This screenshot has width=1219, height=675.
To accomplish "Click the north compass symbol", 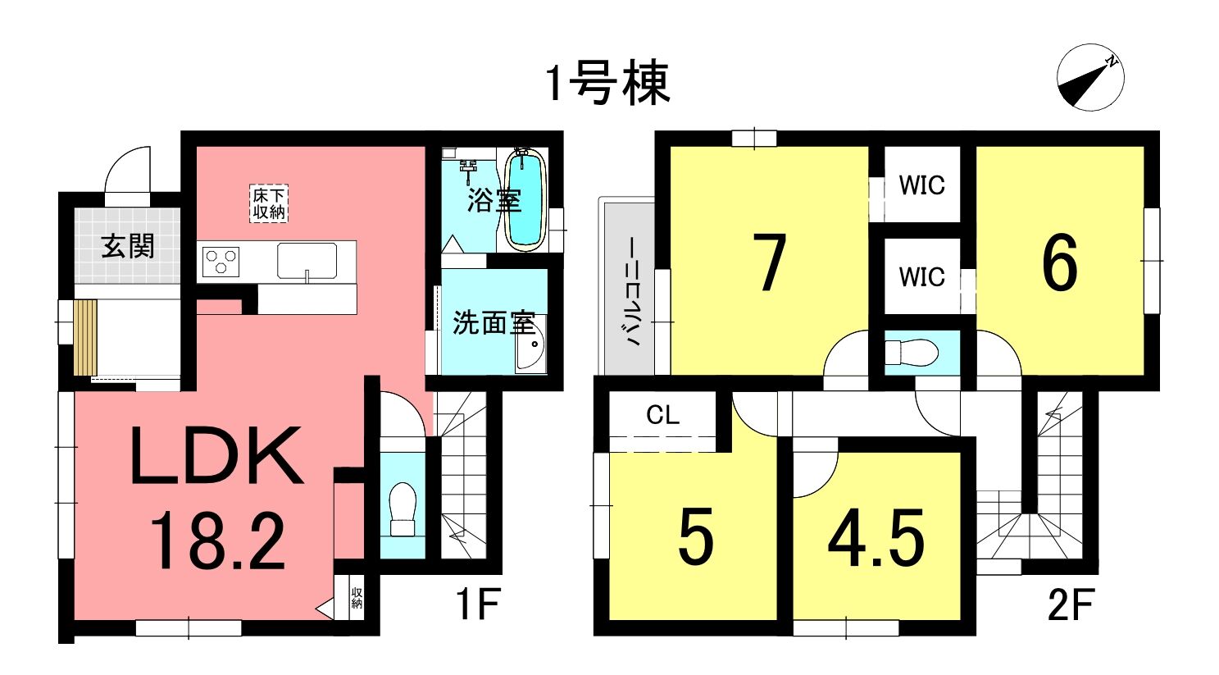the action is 1090,77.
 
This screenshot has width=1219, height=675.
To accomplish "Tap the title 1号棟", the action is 608,84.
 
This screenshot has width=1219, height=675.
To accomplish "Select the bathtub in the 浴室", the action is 525,200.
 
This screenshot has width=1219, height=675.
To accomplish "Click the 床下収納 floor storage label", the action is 269,203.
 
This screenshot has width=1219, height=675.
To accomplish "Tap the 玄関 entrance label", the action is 128,247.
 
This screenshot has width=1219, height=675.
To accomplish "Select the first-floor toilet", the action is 403,510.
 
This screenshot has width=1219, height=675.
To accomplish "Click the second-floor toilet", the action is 912,353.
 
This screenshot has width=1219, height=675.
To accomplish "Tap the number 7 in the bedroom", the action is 769,263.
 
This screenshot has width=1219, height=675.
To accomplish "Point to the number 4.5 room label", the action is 876,537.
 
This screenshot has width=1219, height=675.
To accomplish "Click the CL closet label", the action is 663,415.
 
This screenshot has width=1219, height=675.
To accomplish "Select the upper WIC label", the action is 922,185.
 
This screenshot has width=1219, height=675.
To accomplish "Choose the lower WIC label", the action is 922,277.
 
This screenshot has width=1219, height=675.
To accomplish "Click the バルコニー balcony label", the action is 634,292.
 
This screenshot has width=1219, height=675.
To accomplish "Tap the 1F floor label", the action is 478,604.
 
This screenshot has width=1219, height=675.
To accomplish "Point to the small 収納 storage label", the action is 357,598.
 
